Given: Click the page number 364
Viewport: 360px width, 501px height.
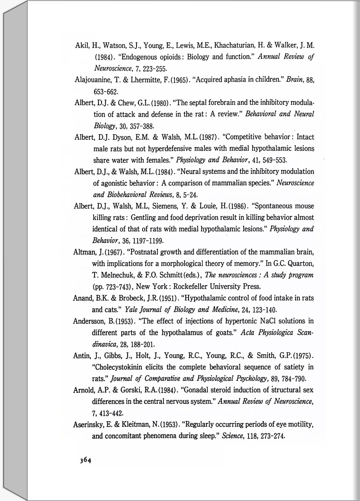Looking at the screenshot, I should pyautogui.click(x=86, y=460).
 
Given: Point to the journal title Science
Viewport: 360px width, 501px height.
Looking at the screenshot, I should pyautogui.click(x=233, y=436).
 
